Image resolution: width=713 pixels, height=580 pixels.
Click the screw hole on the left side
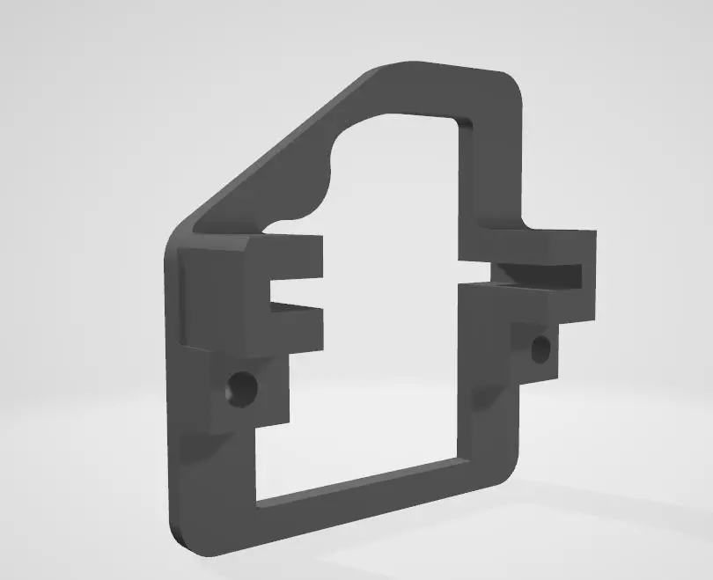tap(239, 386)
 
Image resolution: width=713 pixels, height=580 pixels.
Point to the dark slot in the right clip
tap(537, 275)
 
